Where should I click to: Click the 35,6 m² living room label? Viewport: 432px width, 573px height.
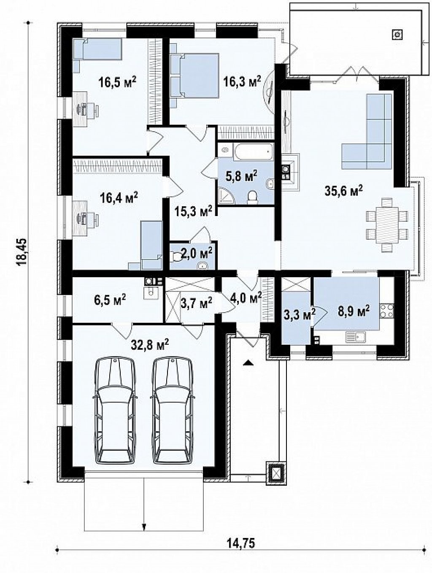344,191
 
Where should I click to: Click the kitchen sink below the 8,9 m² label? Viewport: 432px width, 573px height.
356,336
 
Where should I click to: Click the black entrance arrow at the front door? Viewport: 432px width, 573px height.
249,362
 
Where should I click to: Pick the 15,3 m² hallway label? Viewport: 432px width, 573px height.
193,212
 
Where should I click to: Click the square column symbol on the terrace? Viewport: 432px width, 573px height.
397,34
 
